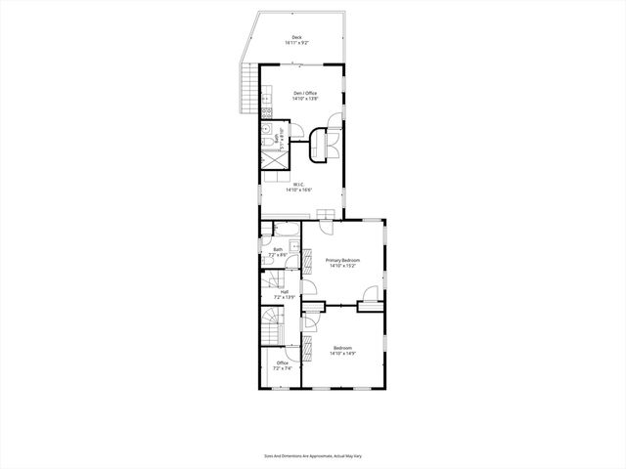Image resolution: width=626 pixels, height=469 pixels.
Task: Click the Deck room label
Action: [296, 37]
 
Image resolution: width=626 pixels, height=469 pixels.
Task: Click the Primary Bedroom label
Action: [343, 260]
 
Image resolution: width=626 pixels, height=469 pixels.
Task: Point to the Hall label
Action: [284, 291]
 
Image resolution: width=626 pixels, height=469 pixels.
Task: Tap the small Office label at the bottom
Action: [282, 362]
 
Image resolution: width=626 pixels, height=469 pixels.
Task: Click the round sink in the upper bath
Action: [266, 130]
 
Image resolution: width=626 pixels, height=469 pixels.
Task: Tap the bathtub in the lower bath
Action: [287, 232]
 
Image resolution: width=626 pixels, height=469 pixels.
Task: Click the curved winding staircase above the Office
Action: [271, 321]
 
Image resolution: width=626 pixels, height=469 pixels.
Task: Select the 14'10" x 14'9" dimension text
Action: [342, 354]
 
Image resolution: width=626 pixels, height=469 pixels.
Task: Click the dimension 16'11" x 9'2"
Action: [296, 43]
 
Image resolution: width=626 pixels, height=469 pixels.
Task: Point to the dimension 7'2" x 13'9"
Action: [284, 296]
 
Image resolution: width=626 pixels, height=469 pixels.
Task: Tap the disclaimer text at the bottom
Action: [312, 454]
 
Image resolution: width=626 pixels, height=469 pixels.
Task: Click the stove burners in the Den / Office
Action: [265, 98]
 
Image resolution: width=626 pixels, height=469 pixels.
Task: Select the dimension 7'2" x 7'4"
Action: [282, 368]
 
